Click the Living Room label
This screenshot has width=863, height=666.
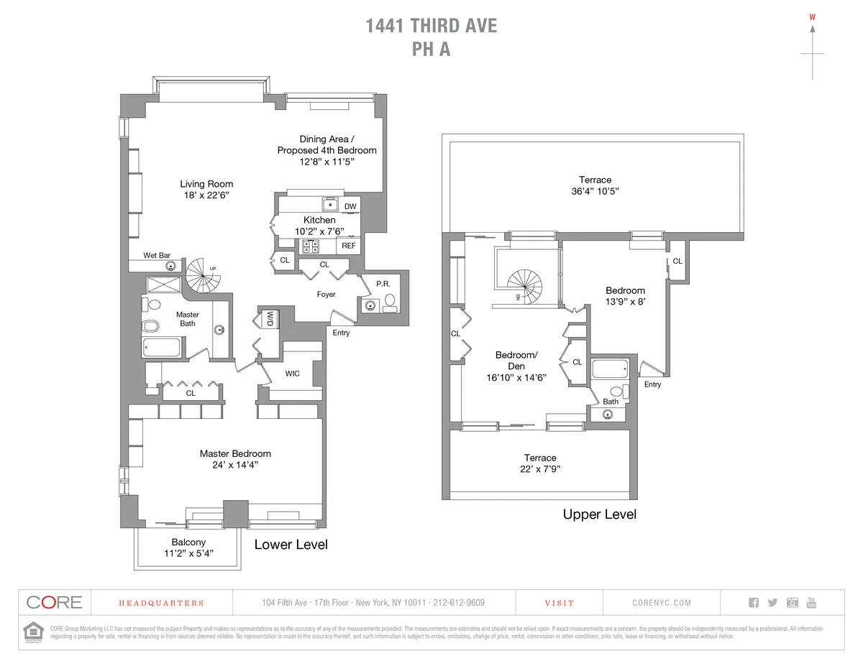pyautogui.click(x=206, y=184)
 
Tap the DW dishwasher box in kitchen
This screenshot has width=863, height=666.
pyautogui.click(x=350, y=207)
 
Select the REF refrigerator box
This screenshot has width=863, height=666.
pyautogui.click(x=349, y=246)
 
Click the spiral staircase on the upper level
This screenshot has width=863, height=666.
pyautogui.click(x=529, y=285)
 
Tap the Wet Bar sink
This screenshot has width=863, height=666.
pyautogui.click(x=171, y=265)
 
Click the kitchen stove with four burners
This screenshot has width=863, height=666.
pyautogui.click(x=311, y=246)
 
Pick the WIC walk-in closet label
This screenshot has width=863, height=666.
pyautogui.click(x=293, y=374)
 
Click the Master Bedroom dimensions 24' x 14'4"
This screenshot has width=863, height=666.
pyautogui.click(x=235, y=465)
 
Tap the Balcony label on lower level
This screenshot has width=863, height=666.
pyautogui.click(x=188, y=542)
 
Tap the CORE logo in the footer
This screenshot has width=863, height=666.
pyautogui.click(x=54, y=602)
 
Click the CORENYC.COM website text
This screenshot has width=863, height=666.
pyautogui.click(x=662, y=603)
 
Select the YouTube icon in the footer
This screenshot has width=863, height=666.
pyautogui.click(x=811, y=602)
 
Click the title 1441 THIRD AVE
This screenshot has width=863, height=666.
pyautogui.click(x=431, y=27)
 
